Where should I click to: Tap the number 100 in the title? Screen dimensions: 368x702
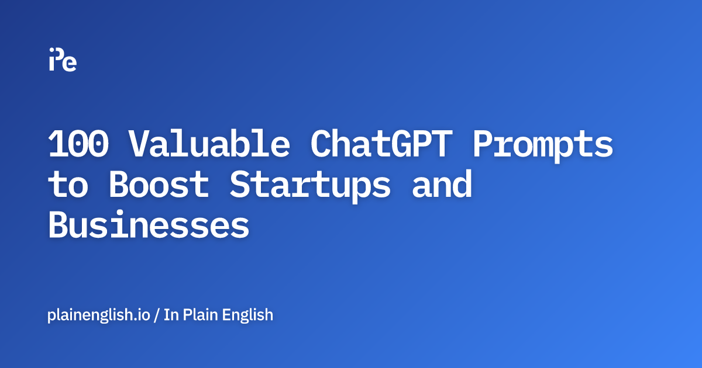tap(78, 144)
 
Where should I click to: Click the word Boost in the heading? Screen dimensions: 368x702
tap(159, 185)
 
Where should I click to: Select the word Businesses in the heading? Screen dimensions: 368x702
tap(149, 225)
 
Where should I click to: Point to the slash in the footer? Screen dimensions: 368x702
tap(157, 315)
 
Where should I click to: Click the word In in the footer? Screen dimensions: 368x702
tap(171, 315)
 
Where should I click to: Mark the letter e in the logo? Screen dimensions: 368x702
tap(70, 63)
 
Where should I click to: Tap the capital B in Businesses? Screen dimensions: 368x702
tap(58, 225)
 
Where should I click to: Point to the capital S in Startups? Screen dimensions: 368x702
tap(239, 185)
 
